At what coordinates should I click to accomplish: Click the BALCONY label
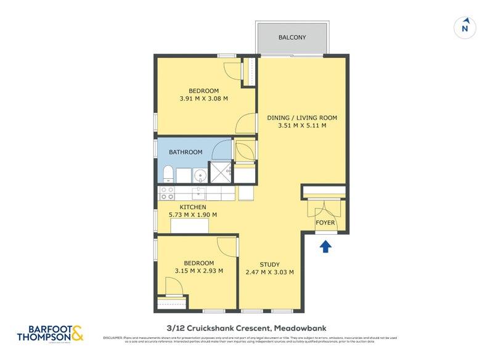pos(293,38)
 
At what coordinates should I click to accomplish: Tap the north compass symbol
pos(466,28)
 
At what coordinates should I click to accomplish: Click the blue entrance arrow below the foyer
pos(325,247)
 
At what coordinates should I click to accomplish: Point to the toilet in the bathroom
pos(167,174)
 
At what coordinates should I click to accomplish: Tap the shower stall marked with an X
pos(220,174)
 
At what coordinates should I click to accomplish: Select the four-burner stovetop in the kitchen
pos(167,193)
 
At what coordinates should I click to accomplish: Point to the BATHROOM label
pos(186,152)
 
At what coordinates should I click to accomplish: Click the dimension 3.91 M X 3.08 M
pos(203,99)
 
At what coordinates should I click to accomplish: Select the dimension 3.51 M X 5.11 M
pos(301,126)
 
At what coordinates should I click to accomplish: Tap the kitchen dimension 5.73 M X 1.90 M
pos(192,215)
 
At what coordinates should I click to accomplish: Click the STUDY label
pos(269,264)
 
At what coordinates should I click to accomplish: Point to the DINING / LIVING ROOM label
pos(301,117)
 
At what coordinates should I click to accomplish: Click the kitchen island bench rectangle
pos(190,226)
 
